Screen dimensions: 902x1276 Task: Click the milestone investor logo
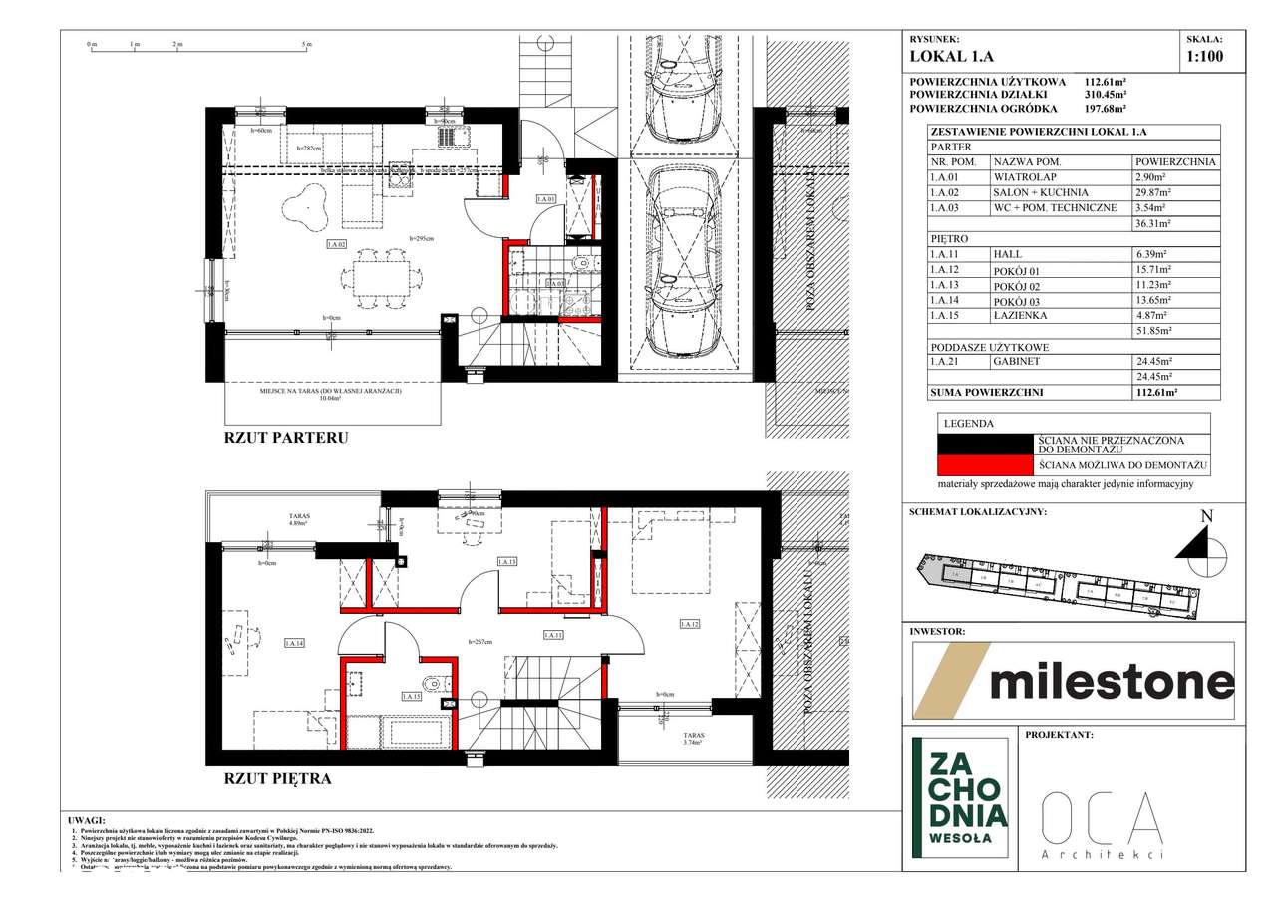[x=1074, y=682]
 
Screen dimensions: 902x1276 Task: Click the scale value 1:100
[x=1204, y=57]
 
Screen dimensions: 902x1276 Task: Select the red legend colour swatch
[x=984, y=465]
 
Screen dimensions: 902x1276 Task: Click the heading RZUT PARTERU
[x=286, y=437]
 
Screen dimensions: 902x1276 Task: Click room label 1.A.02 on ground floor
[x=336, y=243]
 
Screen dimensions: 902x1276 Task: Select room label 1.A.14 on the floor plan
[x=294, y=643]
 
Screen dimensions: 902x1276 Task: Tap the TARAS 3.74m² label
[x=694, y=739]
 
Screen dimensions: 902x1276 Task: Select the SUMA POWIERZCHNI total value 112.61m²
[x=1157, y=393]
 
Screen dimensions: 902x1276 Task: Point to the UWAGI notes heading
[x=89, y=819]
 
